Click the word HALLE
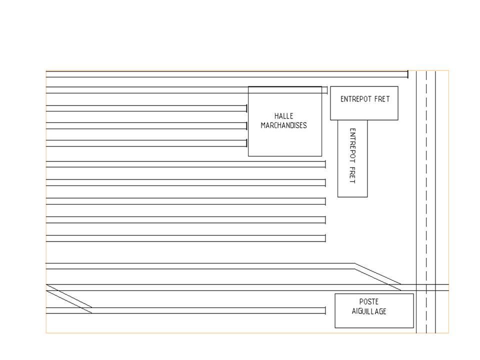(284, 116)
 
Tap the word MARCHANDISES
(284, 125)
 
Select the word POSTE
(369, 302)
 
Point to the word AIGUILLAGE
(369, 311)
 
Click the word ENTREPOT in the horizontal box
(356, 99)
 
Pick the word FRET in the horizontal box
(382, 99)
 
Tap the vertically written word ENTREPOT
(352, 145)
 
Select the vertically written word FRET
(352, 175)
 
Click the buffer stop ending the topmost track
(408, 74)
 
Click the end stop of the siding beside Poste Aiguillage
(325, 310)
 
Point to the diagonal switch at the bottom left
(69, 299)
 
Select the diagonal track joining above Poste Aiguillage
(378, 276)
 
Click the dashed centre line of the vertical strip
(426, 201)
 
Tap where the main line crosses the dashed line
(426, 287)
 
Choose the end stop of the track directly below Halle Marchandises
(325, 164)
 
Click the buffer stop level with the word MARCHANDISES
(246, 126)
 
